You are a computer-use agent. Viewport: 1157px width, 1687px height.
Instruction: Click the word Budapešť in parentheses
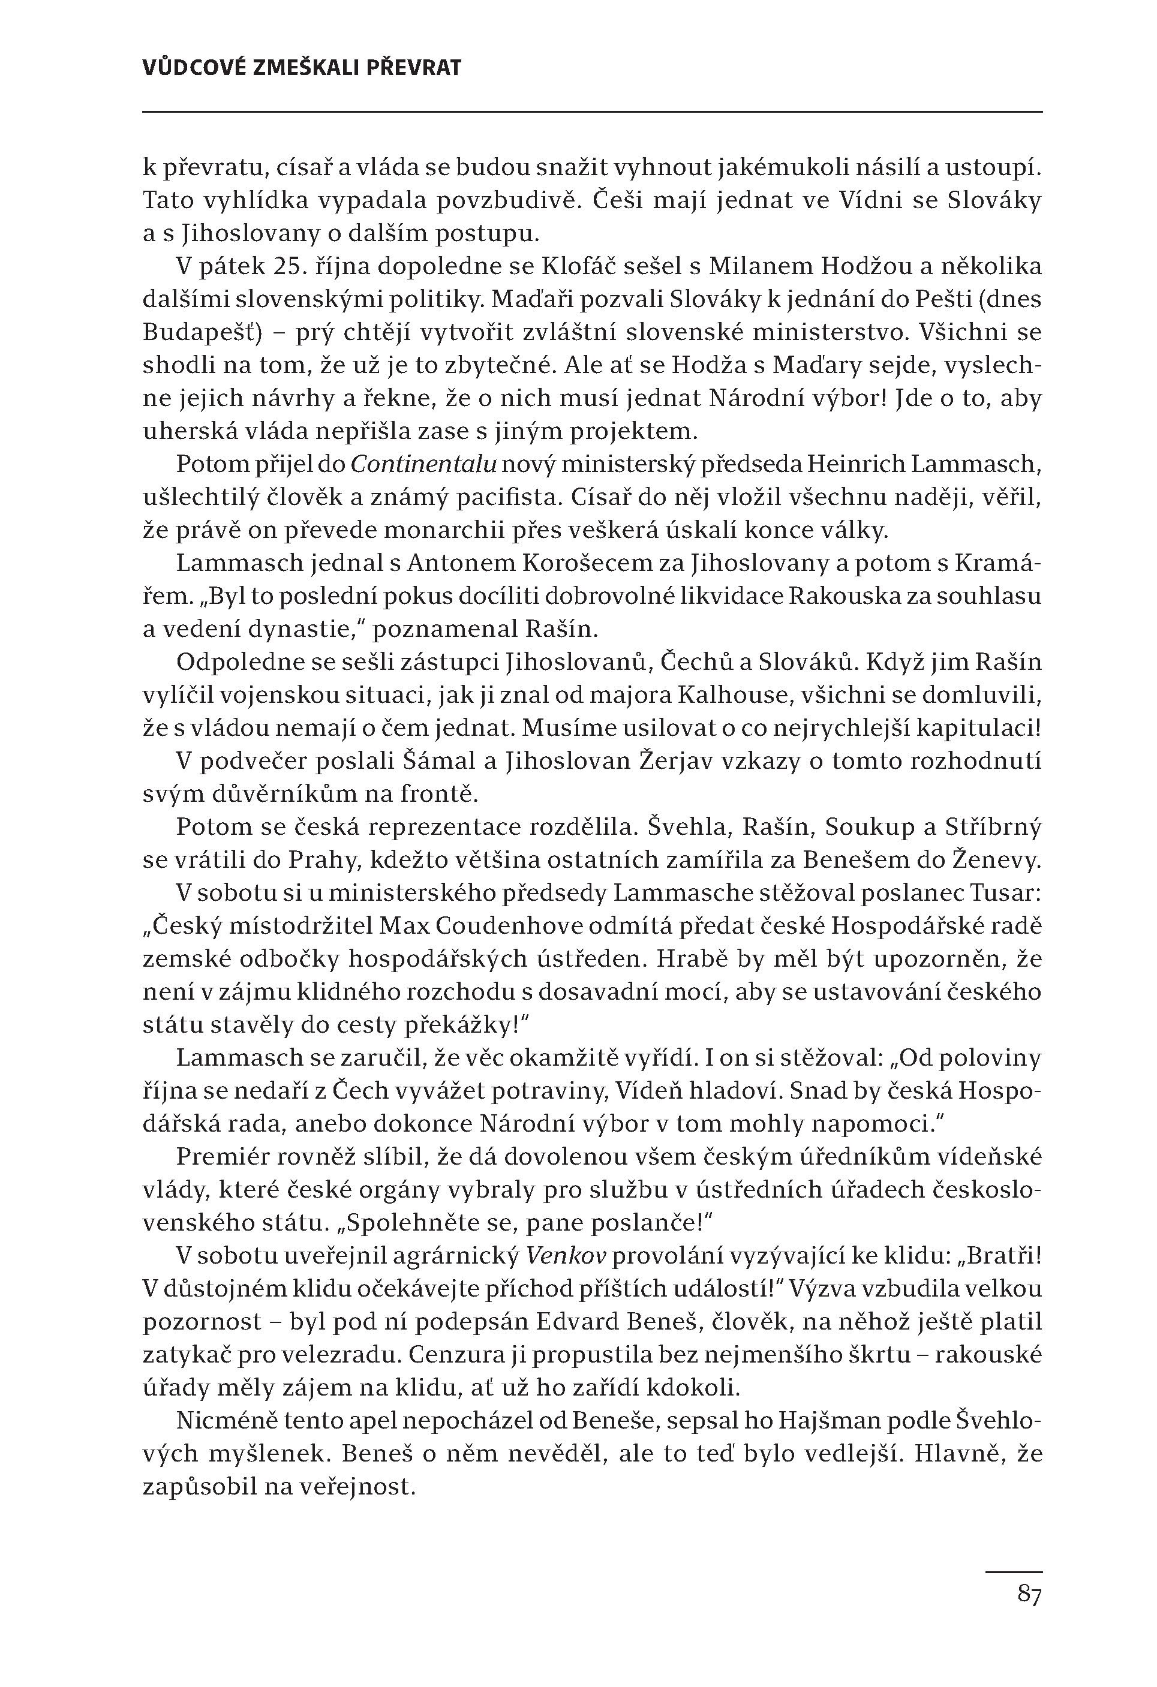coord(190,332)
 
